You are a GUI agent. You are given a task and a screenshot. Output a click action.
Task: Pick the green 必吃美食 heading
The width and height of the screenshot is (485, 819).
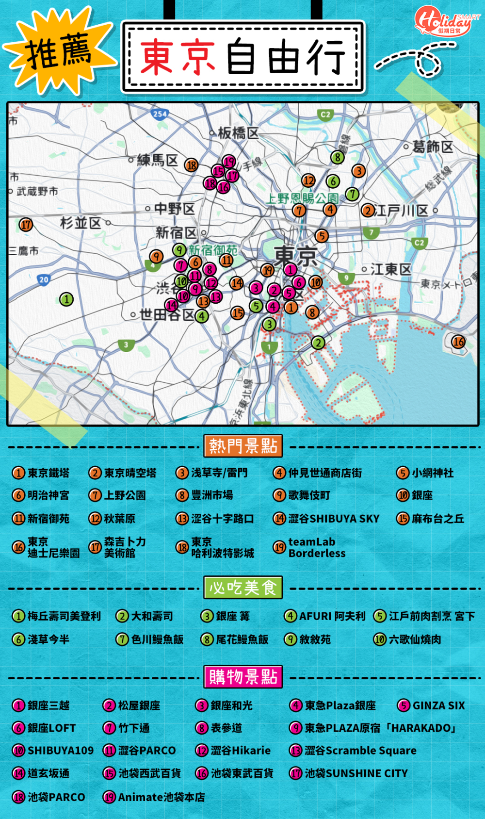(x=243, y=588)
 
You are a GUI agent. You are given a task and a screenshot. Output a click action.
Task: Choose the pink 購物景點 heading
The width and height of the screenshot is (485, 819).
(x=243, y=677)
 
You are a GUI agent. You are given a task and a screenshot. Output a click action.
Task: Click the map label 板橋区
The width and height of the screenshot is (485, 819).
(x=238, y=132)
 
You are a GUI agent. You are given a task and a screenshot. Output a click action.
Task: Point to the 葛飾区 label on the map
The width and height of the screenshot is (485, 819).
(x=432, y=146)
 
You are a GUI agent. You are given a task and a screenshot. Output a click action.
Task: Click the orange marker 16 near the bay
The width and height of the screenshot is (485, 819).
(x=458, y=341)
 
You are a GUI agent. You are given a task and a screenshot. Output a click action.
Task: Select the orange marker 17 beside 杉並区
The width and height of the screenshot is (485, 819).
(x=26, y=225)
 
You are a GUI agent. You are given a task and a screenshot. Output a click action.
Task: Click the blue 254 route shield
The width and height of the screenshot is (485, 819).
(x=160, y=114)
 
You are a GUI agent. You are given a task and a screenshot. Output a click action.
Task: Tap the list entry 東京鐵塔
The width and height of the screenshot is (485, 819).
(x=48, y=473)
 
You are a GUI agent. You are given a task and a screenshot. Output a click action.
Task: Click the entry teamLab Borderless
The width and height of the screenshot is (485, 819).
(x=316, y=547)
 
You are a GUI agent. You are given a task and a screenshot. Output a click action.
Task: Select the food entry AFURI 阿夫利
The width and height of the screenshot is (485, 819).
(x=332, y=616)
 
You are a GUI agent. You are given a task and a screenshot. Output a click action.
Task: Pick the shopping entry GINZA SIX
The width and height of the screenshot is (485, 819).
(x=438, y=705)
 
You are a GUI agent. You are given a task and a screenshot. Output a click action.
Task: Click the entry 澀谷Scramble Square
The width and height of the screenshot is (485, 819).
(x=360, y=751)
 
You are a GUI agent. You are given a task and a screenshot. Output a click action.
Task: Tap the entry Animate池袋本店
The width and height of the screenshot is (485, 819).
(x=161, y=797)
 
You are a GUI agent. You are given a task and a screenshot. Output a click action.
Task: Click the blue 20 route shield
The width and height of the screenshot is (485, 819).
(x=44, y=279)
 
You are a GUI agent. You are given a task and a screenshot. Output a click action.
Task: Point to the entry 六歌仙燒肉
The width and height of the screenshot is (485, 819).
(x=415, y=639)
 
